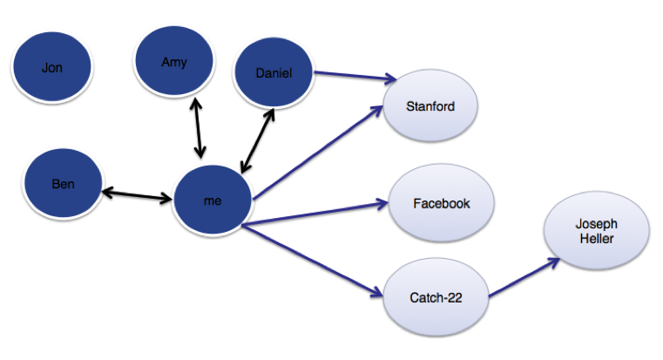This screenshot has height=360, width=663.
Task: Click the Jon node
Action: [x=51, y=68]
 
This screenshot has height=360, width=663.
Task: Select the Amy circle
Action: [x=173, y=62]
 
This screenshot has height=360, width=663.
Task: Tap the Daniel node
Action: [x=274, y=73]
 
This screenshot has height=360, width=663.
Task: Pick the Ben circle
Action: [x=63, y=184]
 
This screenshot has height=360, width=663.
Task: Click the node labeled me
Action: [x=213, y=200]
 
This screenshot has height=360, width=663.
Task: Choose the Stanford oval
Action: [x=430, y=107]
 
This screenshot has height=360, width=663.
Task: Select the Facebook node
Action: [x=441, y=203]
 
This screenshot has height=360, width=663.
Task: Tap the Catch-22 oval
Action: [x=435, y=297]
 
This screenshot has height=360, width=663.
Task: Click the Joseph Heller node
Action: [x=596, y=231]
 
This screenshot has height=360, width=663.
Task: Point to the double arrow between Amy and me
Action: [x=197, y=128]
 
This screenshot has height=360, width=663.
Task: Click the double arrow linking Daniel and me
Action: [x=258, y=139]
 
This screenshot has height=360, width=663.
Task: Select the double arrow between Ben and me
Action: [x=137, y=194]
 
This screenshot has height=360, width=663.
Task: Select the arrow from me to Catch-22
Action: [x=314, y=259]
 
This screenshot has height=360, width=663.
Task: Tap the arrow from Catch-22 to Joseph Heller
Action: [x=521, y=277]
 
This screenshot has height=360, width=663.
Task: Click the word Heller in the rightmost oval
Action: [x=596, y=238]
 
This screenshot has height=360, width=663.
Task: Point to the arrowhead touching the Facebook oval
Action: [x=382, y=204]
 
